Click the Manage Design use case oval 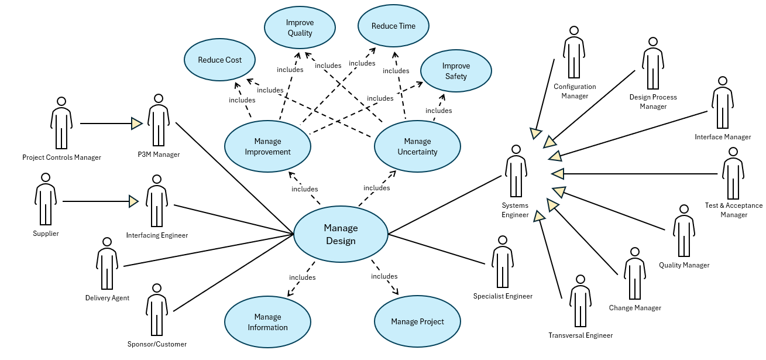pyautogui.click(x=341, y=234)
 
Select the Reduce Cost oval pyautogui.click(x=221, y=60)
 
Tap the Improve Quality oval pyautogui.click(x=300, y=28)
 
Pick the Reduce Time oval pyautogui.click(x=394, y=26)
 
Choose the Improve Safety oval pyautogui.click(x=456, y=71)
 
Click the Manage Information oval pyautogui.click(x=267, y=323)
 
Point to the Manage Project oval pyautogui.click(x=417, y=322)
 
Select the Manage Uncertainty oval pyautogui.click(x=417, y=146)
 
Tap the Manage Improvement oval pyautogui.click(x=267, y=146)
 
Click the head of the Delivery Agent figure pyautogui.click(x=107, y=241)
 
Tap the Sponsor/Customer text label pyautogui.click(x=157, y=344)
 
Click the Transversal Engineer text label pyautogui.click(x=580, y=335)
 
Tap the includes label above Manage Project pyautogui.click(x=384, y=276)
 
